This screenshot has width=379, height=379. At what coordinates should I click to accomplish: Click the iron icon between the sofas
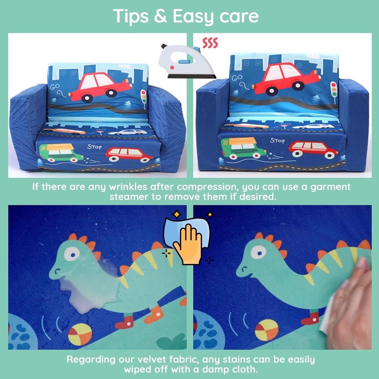(186, 62)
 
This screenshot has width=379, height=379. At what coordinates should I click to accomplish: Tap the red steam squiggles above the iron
(210, 43)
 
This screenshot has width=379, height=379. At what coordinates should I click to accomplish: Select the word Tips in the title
(130, 16)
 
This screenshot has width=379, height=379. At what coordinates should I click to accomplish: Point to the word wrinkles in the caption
(128, 187)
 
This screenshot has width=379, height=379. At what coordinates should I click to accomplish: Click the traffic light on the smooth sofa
(334, 89)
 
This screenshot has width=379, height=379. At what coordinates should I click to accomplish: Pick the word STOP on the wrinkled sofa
(94, 146)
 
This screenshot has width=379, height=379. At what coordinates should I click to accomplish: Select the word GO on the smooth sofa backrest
(237, 78)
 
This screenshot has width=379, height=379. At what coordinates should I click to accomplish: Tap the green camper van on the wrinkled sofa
(61, 153)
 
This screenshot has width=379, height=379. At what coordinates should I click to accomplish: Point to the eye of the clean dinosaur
(258, 252)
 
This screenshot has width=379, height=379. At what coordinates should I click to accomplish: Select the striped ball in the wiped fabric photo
(266, 330)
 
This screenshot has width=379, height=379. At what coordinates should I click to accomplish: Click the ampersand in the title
(160, 16)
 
